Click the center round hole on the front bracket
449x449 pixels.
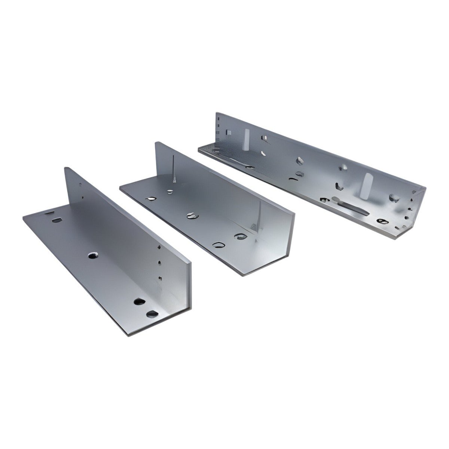pos(92,256)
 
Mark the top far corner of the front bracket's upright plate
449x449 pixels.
pos(66,168)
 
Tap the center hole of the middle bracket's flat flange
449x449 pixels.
pos(191,215)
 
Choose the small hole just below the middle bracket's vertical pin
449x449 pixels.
pos(170,192)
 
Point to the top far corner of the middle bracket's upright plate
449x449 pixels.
pos(157,143)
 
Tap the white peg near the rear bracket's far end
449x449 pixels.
pos(247,139)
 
